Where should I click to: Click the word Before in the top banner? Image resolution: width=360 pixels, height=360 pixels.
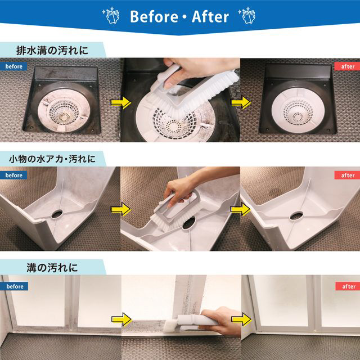point(154,16)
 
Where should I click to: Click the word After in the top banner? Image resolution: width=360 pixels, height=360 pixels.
point(210,16)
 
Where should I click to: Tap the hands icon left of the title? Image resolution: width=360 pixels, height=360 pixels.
point(111,15)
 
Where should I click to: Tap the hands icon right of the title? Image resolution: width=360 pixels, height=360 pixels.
point(247,15)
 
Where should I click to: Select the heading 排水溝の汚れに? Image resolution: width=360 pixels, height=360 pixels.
point(52,50)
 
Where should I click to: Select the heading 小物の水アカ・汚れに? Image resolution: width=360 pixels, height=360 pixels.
point(52,159)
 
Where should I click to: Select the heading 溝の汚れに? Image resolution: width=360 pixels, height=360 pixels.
point(52,268)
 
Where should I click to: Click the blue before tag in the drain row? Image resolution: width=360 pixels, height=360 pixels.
point(13,66)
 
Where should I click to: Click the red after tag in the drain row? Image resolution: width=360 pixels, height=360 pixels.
point(347,66)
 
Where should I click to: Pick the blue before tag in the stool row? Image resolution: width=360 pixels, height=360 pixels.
point(13,175)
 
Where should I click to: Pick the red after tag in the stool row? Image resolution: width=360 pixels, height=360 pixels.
point(347,175)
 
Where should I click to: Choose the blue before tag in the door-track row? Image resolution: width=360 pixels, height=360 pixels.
point(14,286)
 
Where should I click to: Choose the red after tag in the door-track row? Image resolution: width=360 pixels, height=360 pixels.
point(348,286)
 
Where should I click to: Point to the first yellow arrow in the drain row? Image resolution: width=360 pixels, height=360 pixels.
point(121,102)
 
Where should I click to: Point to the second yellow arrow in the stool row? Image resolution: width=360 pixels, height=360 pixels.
point(240,209)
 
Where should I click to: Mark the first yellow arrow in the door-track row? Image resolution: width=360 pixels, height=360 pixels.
point(121,319)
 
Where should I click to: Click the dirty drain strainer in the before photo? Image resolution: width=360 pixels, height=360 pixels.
point(64,110)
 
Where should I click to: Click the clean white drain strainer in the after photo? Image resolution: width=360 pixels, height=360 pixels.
point(298,111)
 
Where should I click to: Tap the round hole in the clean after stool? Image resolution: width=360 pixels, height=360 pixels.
point(296,216)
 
